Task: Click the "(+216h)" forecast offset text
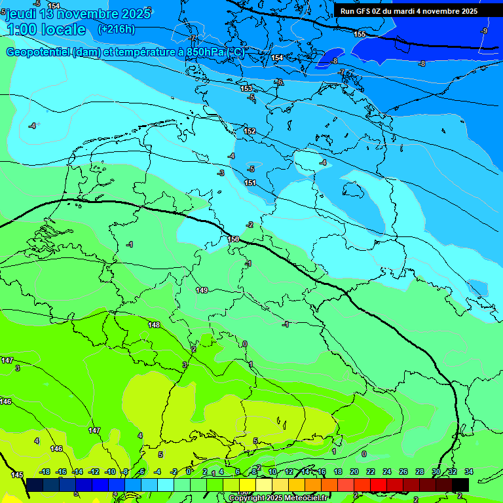(x=117, y=29)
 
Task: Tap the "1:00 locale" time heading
(x=47, y=29)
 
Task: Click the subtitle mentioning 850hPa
(x=124, y=52)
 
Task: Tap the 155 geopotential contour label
(x=360, y=34)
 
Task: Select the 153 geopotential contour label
(x=246, y=88)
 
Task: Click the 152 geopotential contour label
(x=250, y=132)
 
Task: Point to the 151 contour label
(x=250, y=183)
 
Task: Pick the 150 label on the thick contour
(x=234, y=240)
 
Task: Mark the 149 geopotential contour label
(x=202, y=290)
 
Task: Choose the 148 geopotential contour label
(x=154, y=325)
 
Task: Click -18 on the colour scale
(x=45, y=472)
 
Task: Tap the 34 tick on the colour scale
(x=469, y=472)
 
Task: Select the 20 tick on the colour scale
(x=354, y=472)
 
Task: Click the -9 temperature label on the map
(x=484, y=31)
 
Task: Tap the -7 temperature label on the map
(x=341, y=72)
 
